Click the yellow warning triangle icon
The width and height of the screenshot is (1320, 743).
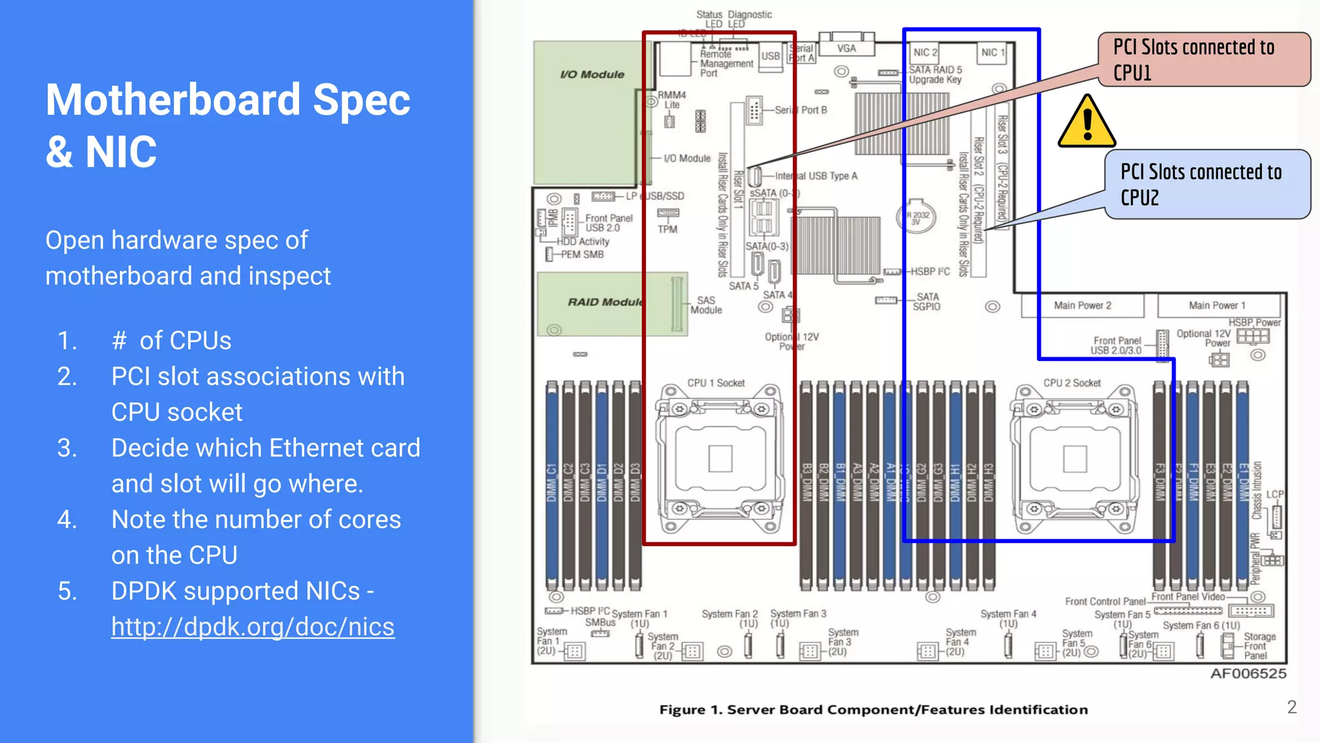(1087, 123)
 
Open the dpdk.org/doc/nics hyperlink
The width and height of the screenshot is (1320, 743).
(253, 627)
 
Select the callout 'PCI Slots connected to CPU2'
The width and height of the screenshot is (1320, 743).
(1207, 184)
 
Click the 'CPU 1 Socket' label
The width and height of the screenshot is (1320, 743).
(715, 383)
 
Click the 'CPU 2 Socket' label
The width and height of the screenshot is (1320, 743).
(1072, 383)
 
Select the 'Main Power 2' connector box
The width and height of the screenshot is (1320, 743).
(1083, 306)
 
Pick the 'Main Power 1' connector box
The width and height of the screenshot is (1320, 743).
(1218, 306)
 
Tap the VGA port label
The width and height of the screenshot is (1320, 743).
(846, 48)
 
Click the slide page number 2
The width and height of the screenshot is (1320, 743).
(1292, 707)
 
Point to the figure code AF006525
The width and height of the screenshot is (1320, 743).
(1248, 674)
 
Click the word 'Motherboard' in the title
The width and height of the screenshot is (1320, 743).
(173, 101)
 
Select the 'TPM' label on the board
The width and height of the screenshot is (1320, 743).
(668, 229)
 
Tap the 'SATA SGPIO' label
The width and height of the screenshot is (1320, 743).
(927, 302)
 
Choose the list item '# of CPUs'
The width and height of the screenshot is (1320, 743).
(171, 341)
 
